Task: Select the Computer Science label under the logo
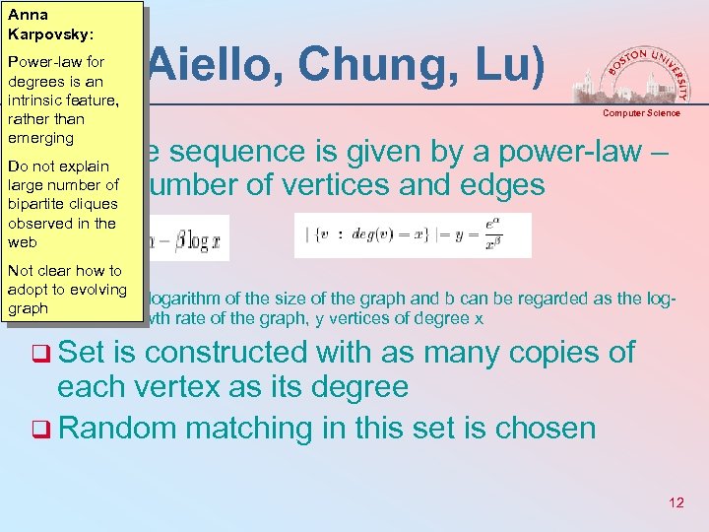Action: click(x=641, y=113)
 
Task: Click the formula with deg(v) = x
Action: click(x=413, y=235)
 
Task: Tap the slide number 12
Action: click(x=676, y=502)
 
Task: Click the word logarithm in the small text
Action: click(x=186, y=299)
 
